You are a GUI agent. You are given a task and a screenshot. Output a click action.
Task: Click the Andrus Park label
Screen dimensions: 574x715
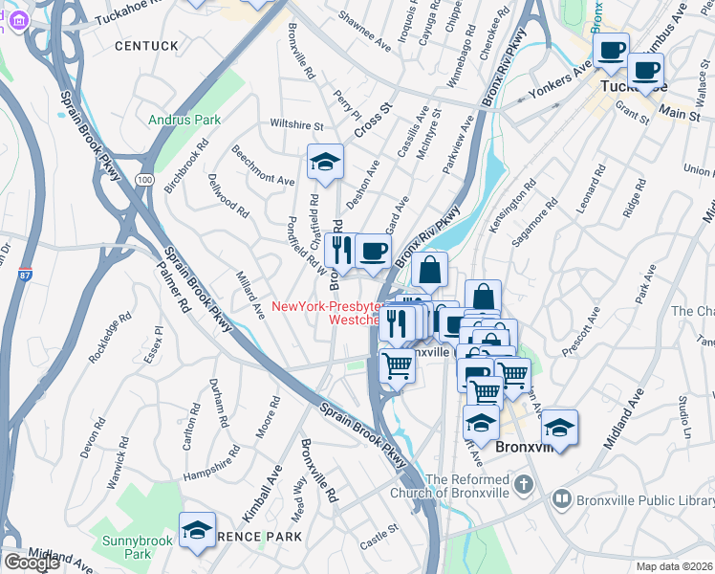click(x=184, y=120)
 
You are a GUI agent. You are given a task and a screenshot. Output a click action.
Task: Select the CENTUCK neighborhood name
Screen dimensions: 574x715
click(x=146, y=45)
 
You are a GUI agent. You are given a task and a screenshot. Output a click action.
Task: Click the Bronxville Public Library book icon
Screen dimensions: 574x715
click(x=561, y=499)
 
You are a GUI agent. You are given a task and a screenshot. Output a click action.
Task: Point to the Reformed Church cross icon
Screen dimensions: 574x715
click(x=522, y=485)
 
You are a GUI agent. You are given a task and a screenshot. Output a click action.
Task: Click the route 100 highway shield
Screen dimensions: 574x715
click(x=143, y=179)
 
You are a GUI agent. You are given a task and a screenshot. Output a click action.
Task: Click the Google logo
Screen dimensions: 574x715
click(x=32, y=562)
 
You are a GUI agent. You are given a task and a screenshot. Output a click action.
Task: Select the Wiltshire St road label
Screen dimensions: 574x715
click(x=297, y=125)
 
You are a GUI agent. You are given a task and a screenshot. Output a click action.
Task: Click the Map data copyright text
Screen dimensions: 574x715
click(x=673, y=565)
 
